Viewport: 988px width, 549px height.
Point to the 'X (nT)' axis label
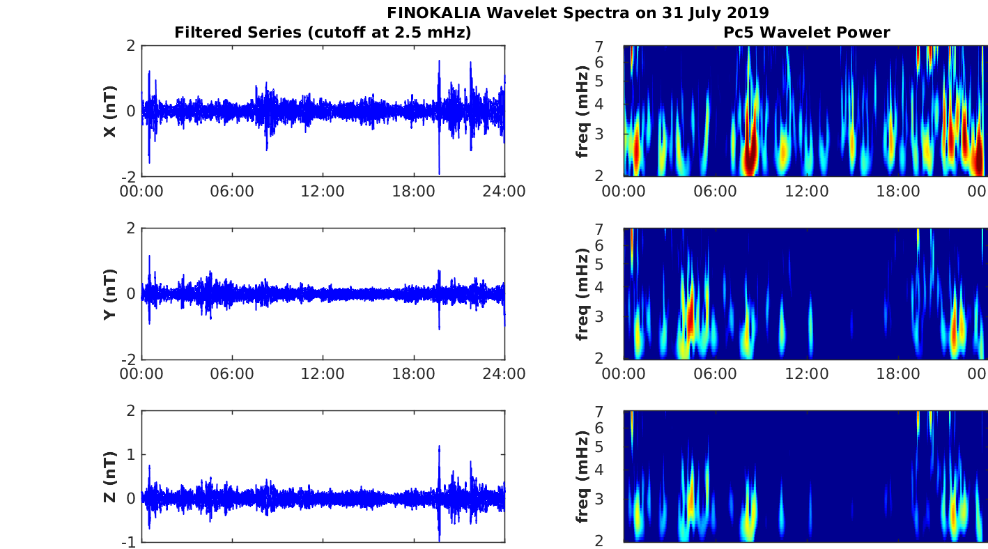click(109, 111)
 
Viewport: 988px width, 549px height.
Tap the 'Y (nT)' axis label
click(109, 293)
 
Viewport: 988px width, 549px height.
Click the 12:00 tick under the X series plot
click(323, 192)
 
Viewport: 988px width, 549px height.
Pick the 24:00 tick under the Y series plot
click(504, 374)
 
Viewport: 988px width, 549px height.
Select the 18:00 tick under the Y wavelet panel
click(897, 374)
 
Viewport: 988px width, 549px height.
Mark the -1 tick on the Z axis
click(130, 541)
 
